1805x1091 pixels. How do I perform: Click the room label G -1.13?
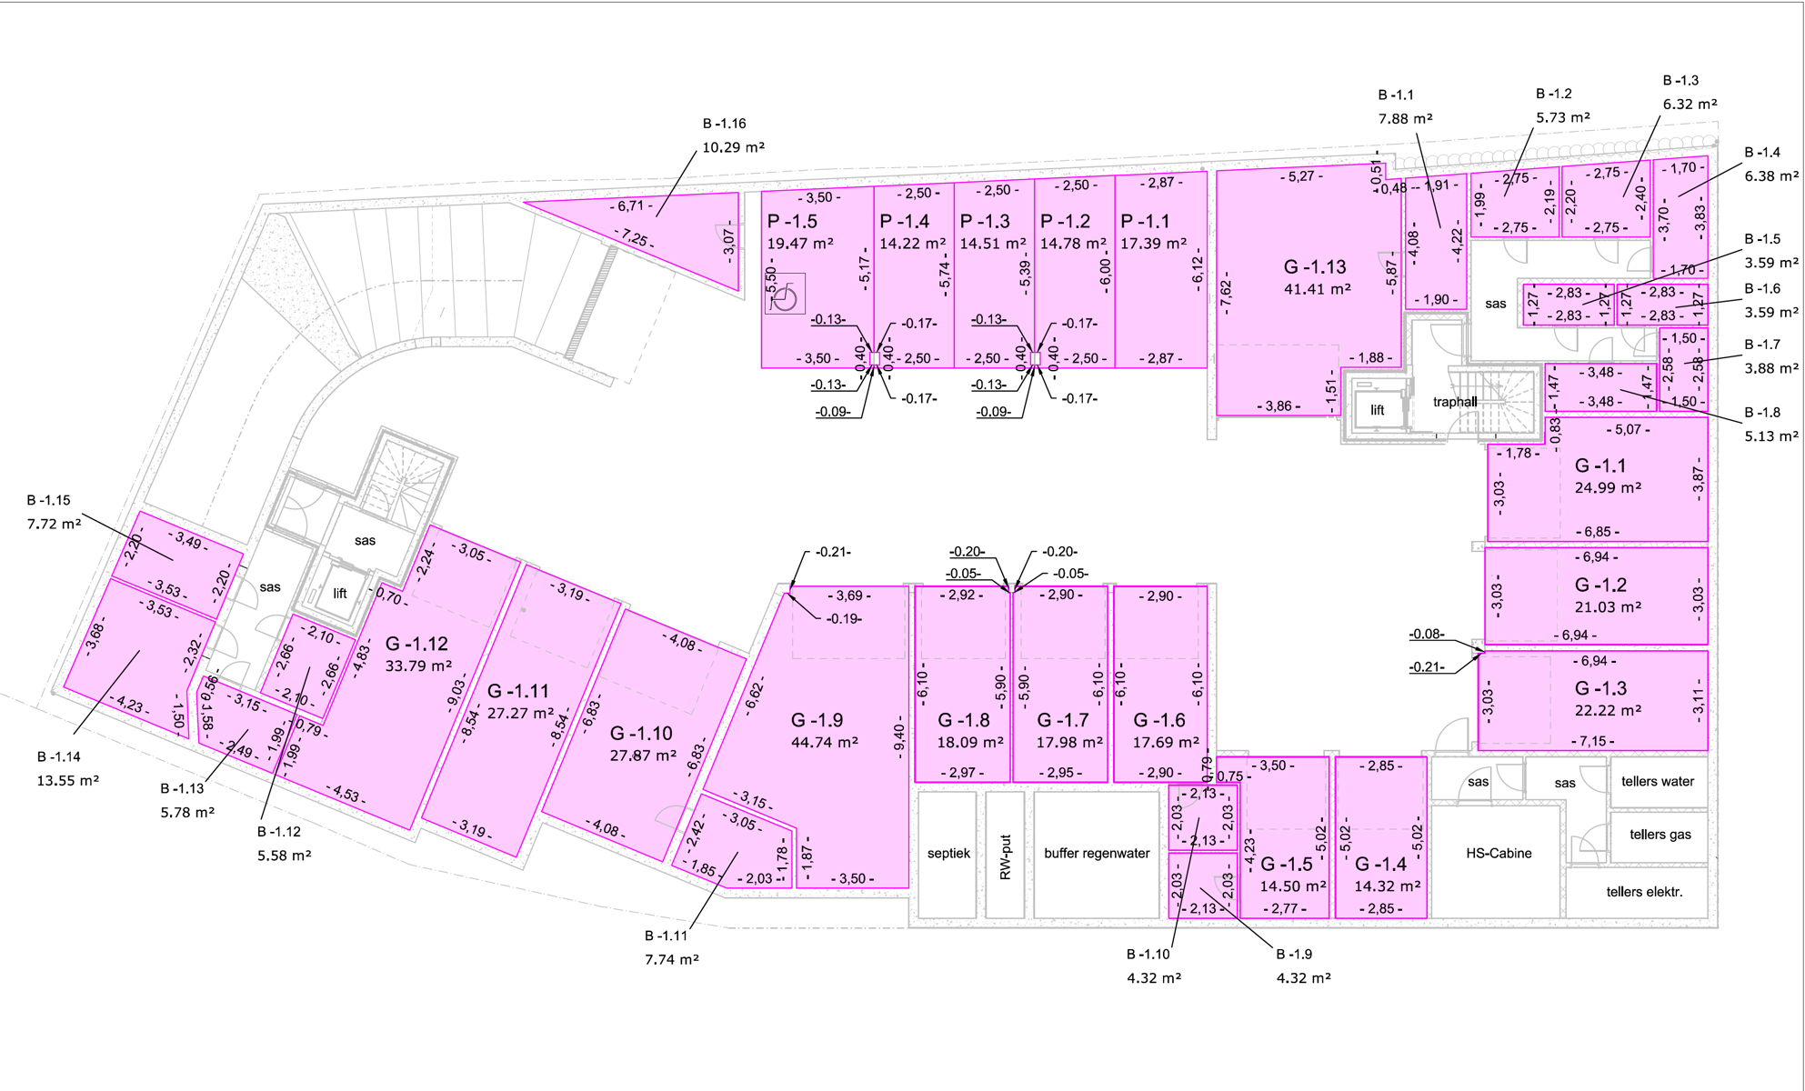1314,267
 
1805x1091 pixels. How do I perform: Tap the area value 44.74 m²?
824,743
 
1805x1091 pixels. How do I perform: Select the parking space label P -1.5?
791,222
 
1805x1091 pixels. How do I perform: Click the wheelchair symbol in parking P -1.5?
785,295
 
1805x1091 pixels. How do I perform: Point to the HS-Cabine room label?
1499,854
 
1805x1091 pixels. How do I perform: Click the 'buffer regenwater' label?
1097,854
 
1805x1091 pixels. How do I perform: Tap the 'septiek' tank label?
948,854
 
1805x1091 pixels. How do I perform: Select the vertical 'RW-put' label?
1006,857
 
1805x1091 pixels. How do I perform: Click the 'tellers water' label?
1658,782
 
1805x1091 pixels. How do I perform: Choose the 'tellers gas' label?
1660,835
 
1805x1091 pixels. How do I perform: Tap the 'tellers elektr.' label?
1644,892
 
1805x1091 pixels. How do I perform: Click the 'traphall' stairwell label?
1455,402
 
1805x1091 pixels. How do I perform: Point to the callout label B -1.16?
724,124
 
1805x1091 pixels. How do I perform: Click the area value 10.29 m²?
733,147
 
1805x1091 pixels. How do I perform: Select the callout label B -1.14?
59,756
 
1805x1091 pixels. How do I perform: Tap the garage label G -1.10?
641,734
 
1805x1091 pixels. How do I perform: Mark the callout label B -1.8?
1762,413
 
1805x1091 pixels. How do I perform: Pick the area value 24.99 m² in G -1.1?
1608,488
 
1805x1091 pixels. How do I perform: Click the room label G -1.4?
1380,865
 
